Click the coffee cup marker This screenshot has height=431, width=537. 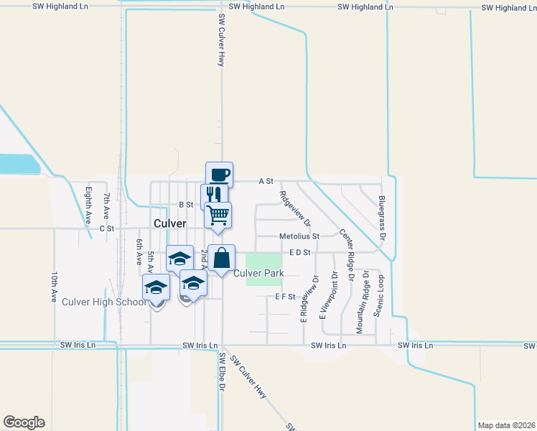coord(219,175)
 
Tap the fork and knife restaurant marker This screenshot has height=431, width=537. coord(214,195)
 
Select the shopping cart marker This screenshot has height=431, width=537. coord(218,214)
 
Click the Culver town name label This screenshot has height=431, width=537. coord(169,223)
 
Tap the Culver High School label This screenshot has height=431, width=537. coord(104,302)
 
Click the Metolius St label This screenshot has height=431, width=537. coord(299,236)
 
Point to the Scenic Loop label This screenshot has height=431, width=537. coord(378,295)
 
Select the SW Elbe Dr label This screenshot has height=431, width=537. coord(222,372)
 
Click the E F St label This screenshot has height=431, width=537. coord(285,297)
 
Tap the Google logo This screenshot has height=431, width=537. coord(24,422)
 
